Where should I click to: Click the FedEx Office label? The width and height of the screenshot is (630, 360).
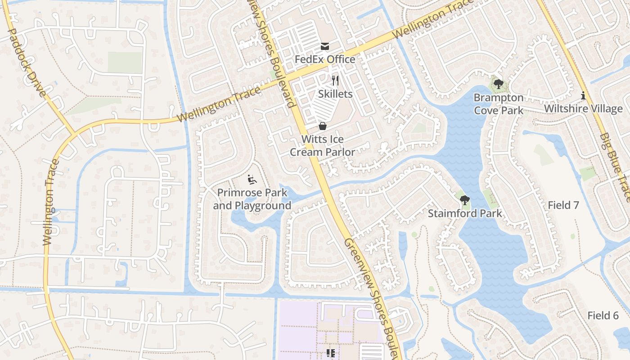(325, 59)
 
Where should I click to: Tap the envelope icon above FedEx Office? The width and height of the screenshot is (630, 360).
(325, 46)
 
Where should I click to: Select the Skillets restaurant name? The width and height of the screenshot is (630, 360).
(335, 94)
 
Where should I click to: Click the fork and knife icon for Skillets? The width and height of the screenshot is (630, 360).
(335, 81)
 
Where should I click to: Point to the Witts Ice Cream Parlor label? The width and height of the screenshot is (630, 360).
(322, 145)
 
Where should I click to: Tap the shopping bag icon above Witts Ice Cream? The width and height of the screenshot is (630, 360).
(322, 126)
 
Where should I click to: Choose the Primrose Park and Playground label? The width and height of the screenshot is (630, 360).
(252, 199)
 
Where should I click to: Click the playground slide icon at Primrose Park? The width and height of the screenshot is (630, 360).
(252, 180)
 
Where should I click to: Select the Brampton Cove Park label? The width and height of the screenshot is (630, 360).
(499, 104)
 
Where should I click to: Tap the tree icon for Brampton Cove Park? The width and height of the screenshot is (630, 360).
(498, 84)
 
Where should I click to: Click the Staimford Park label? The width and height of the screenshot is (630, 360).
(465, 213)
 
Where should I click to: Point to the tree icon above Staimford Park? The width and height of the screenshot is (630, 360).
(465, 200)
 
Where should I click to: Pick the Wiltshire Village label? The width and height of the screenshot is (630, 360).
(583, 109)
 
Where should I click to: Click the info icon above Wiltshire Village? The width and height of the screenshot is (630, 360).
(584, 95)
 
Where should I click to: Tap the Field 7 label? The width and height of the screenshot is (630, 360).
(563, 205)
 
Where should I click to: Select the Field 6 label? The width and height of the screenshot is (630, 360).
(603, 315)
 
